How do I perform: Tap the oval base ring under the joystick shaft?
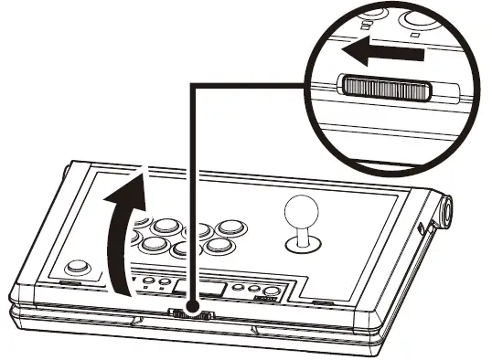click(303, 245)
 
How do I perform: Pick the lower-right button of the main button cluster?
click(218, 246)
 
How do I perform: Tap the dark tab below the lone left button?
click(70, 285)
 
